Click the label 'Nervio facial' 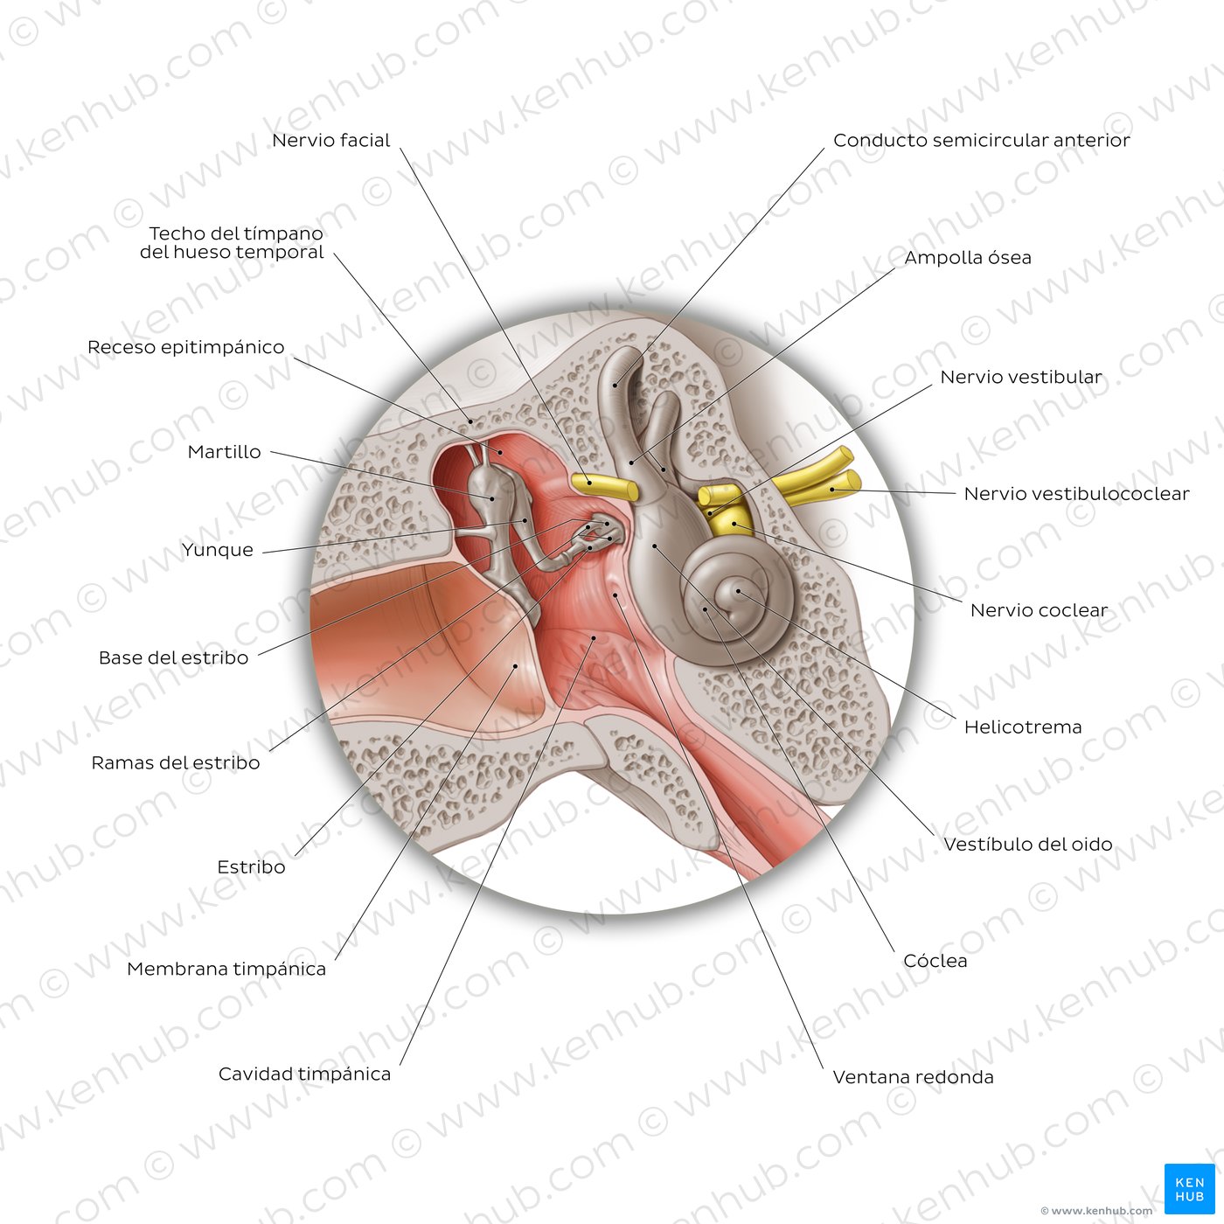pos(331,141)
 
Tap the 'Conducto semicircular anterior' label pos(981,141)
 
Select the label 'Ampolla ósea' pos(967,258)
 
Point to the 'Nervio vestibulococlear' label pos(1076,494)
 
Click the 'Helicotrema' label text pos(1023,727)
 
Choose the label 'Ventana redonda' pos(913,1077)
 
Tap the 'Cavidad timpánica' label pos(304,1074)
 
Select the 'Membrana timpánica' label pos(226,970)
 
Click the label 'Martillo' pos(224,452)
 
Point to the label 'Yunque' pos(217,550)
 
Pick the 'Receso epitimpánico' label pos(185,347)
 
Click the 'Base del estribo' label pos(173,658)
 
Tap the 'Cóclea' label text pos(935,960)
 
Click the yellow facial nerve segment pos(604,486)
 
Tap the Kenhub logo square pos(1189,1189)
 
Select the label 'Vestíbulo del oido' pos(1028,845)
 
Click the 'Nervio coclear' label pos(1040,610)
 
